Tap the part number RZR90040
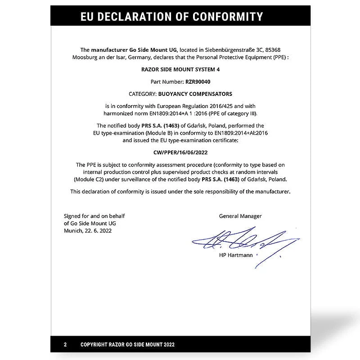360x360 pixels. point(198,82)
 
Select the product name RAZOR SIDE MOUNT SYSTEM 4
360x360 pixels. point(180,70)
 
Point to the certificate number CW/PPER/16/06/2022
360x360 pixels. point(180,152)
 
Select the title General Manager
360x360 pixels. point(240,216)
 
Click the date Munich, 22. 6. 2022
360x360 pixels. point(88,230)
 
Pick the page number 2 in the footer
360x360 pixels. point(65,345)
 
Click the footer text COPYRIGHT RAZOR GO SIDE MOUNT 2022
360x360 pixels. point(127,345)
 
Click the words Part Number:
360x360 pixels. point(167,82)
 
